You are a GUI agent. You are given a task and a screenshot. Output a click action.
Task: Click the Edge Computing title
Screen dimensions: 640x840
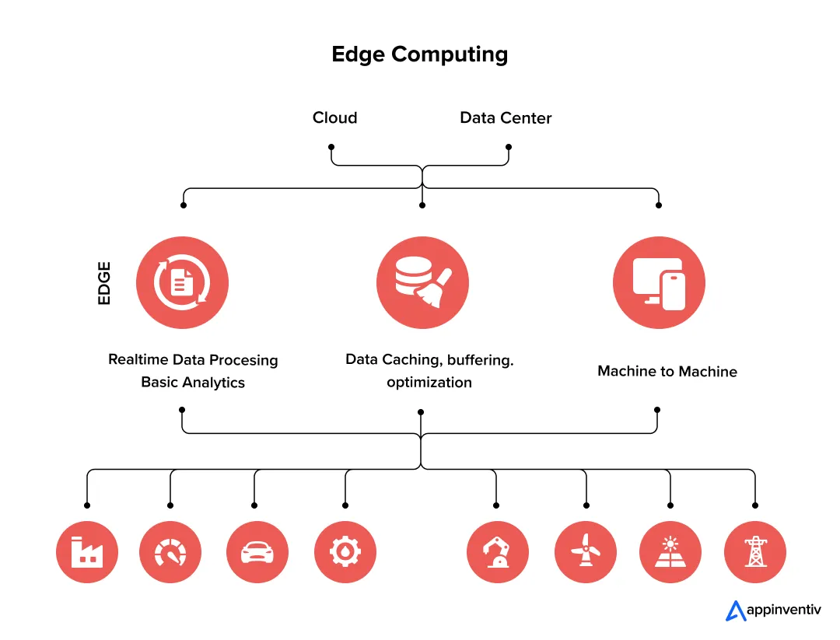(419, 54)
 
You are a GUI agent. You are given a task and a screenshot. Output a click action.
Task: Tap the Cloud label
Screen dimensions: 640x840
(334, 118)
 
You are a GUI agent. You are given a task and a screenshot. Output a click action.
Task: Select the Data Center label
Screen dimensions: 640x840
(506, 118)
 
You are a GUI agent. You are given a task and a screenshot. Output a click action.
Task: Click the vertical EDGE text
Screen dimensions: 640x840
(104, 283)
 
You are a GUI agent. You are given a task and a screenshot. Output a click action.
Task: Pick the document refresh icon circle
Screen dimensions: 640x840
(182, 283)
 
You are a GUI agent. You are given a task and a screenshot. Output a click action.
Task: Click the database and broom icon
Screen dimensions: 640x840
(422, 283)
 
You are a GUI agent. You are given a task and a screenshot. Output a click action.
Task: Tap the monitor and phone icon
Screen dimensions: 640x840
(659, 283)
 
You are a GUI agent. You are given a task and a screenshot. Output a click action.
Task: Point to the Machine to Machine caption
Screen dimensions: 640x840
(667, 372)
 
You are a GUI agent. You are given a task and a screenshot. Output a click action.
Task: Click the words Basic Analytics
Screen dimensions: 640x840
(193, 383)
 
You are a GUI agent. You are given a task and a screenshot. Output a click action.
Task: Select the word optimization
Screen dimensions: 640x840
(429, 383)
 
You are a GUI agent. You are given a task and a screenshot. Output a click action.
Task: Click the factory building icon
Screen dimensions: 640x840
(86, 553)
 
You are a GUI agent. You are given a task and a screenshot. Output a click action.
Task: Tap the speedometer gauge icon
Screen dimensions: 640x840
(170, 553)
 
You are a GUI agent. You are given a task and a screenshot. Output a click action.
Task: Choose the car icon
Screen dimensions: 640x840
(257, 553)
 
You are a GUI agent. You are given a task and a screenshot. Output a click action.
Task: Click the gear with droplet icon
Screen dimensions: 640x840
(345, 553)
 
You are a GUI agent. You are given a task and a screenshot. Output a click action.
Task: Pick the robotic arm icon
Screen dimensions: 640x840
(497, 553)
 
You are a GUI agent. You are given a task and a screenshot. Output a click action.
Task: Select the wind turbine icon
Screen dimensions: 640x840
(585, 553)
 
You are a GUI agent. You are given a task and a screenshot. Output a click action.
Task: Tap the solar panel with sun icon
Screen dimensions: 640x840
(670, 553)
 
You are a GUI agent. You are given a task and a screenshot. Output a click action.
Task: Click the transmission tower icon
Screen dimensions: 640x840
(754, 553)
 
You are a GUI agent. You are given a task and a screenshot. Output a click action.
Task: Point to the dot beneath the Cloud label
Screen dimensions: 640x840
(331, 147)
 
